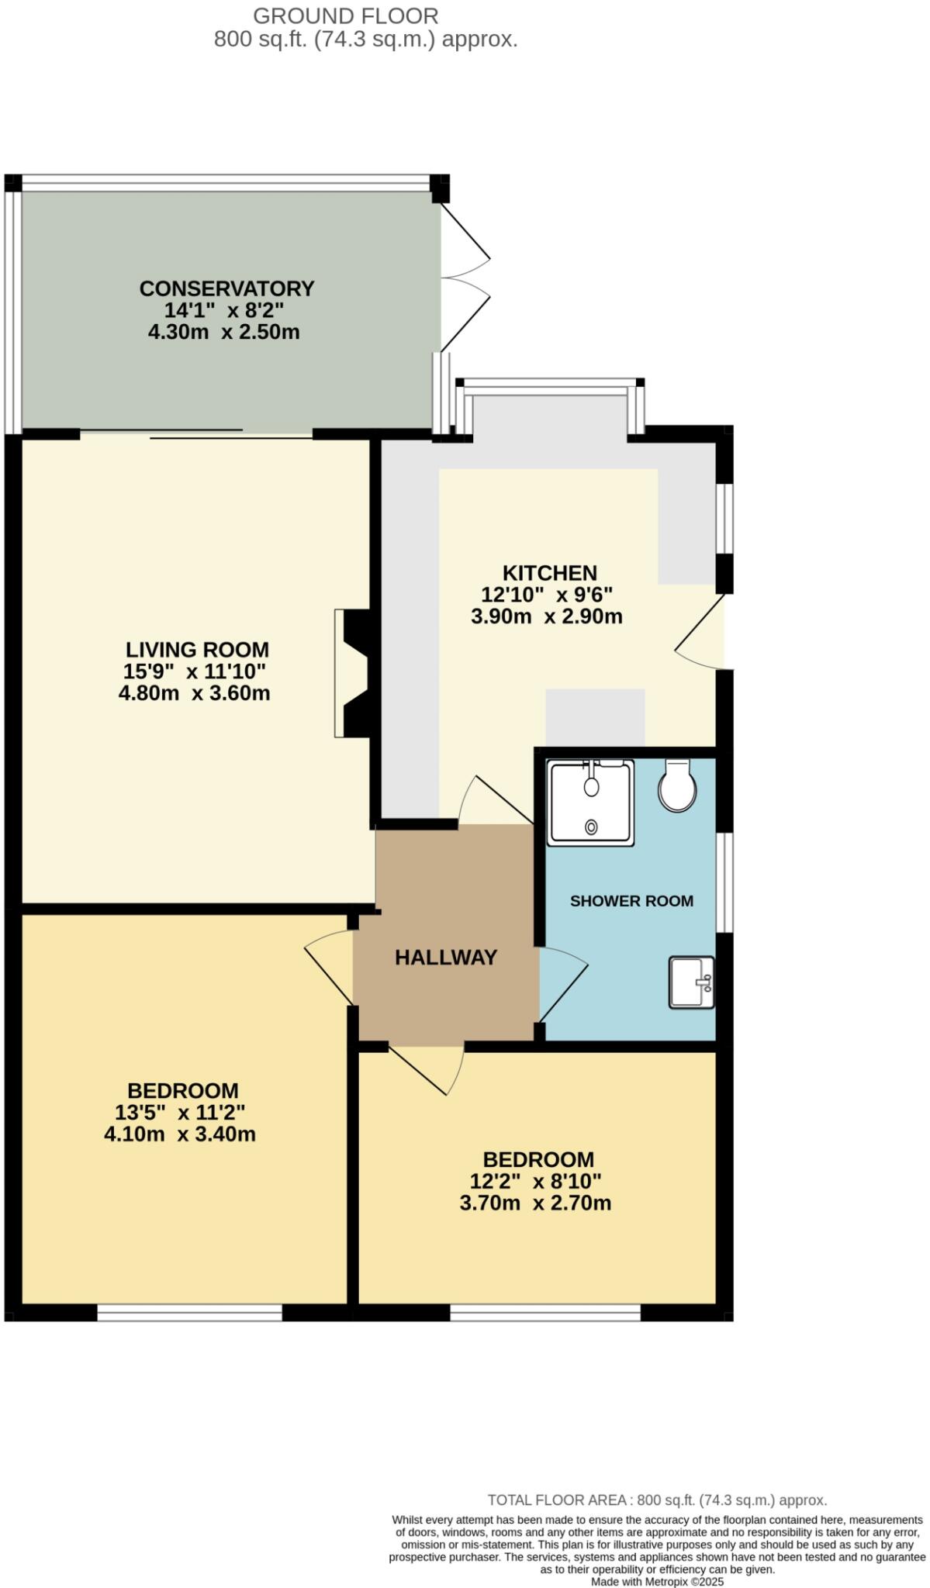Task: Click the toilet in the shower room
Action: [x=676, y=786]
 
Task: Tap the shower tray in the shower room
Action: [x=590, y=803]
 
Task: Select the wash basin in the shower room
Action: [x=691, y=982]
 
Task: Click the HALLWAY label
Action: [x=446, y=958]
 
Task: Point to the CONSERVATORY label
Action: [x=226, y=288]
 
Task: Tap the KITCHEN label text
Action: [x=549, y=573]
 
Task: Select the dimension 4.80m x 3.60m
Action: [x=194, y=693]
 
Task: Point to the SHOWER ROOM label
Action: [x=631, y=901]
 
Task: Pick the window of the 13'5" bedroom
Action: [x=189, y=1312]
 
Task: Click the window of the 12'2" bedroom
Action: [x=545, y=1312]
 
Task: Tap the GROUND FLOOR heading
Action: [x=346, y=16]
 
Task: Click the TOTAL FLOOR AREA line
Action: [x=657, y=1500]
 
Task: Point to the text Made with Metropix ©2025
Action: [x=657, y=1581]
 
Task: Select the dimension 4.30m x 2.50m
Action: [x=223, y=333]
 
